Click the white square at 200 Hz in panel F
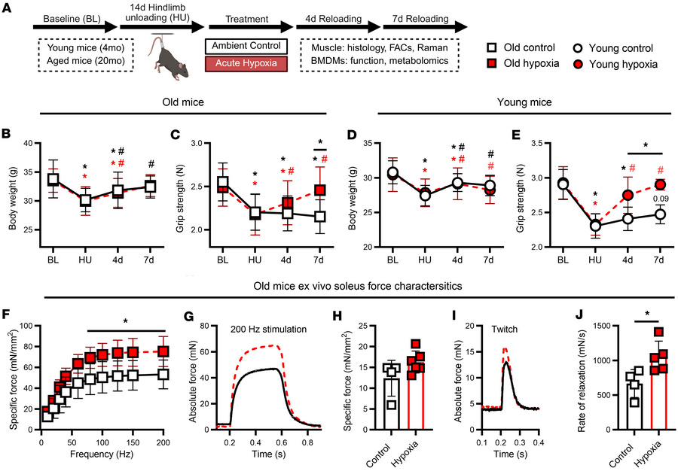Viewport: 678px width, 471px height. [x=163, y=374]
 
